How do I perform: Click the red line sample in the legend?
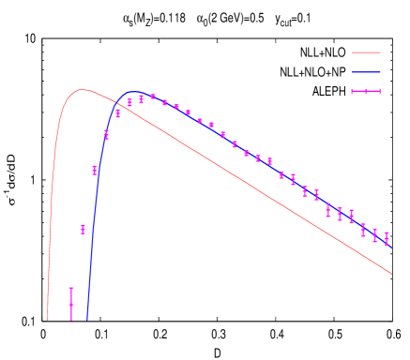coord(366,52)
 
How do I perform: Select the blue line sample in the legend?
coord(366,72)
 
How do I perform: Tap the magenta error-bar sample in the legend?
coord(366,91)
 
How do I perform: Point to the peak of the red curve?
coord(83,90)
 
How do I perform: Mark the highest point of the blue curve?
coord(134,93)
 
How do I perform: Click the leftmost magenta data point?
coord(71,304)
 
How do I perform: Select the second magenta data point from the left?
coord(84,229)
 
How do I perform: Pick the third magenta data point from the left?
coord(95,170)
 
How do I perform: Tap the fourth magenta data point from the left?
coord(106,135)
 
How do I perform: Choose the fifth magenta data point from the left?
coord(117,113)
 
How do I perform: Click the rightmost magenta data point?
coord(386,238)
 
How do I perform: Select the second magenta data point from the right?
coord(374,235)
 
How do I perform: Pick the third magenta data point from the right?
coord(363,230)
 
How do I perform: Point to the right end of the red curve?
coord(391,274)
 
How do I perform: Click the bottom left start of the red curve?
coord(48,320)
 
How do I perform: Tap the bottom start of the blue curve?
coord(87,320)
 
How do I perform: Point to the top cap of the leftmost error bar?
coord(71,288)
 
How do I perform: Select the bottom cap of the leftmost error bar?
coord(71,320)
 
